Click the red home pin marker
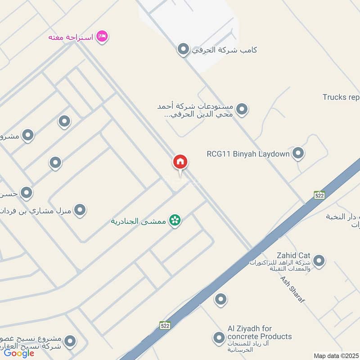(x=180, y=162)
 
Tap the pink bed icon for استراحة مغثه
(x=103, y=36)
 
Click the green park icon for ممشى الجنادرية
(x=175, y=220)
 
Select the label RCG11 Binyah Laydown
(x=248, y=154)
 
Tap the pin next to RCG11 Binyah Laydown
(x=298, y=153)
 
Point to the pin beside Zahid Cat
(x=319, y=260)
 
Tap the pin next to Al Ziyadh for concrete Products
(x=219, y=337)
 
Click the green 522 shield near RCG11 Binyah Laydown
(x=319, y=195)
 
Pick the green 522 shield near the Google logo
(x=165, y=325)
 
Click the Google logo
(x=19, y=353)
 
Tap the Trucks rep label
(x=341, y=97)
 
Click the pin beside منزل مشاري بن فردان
(x=80, y=209)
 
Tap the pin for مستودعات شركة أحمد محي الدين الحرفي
(x=242, y=109)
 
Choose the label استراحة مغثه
(x=71, y=37)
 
